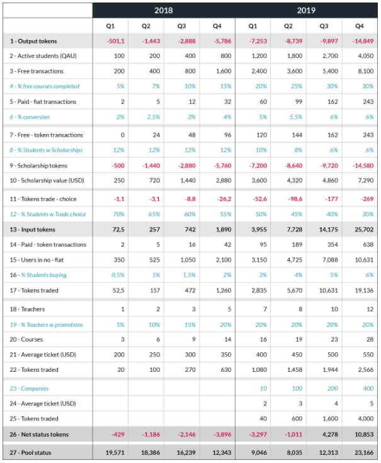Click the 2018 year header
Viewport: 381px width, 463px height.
point(164,10)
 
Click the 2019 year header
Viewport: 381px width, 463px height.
point(307,10)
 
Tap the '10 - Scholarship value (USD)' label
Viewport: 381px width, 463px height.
point(43,181)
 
